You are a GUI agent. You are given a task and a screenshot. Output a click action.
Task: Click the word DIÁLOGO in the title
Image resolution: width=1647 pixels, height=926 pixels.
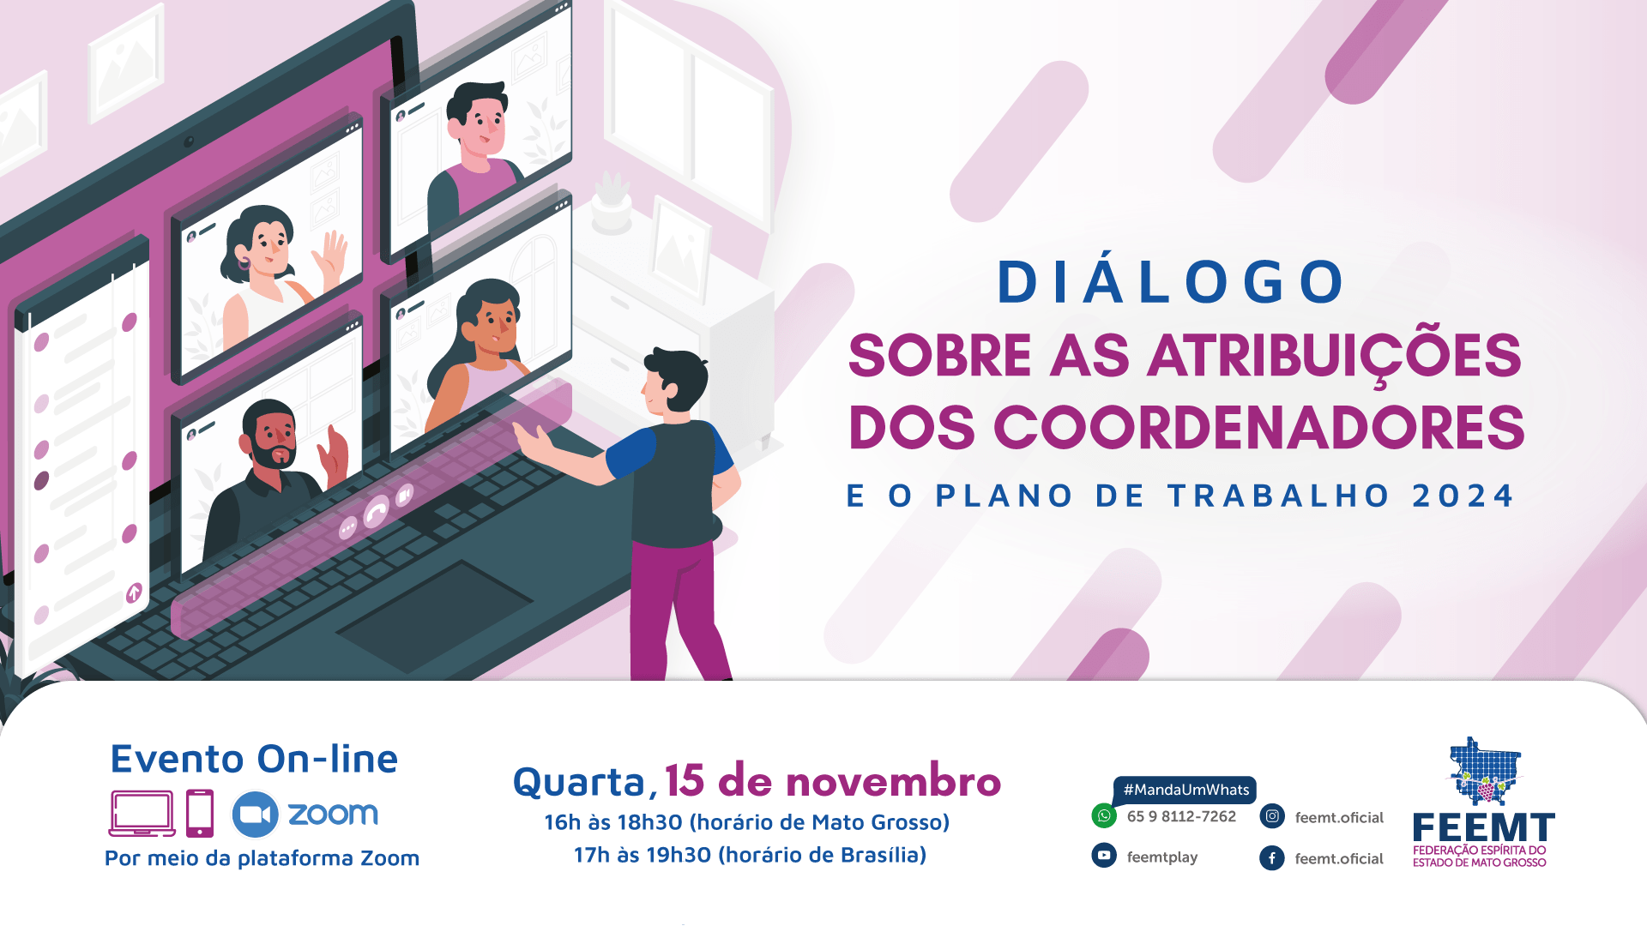point(1171,281)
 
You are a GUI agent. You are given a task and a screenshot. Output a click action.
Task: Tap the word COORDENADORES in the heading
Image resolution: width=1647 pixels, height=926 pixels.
point(1259,427)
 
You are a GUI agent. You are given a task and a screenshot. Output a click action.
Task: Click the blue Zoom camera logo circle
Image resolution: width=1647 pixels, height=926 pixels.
point(255,814)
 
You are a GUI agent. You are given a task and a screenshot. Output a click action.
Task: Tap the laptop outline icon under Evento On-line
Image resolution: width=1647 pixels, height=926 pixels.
point(142,813)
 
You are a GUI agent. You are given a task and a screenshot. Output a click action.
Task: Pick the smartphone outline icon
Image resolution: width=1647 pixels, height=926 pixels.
point(200,813)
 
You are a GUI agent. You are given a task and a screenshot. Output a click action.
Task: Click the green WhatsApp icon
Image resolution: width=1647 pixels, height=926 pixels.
point(1104,815)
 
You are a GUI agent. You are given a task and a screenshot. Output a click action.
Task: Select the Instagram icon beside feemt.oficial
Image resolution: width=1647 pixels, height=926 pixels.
point(1272,816)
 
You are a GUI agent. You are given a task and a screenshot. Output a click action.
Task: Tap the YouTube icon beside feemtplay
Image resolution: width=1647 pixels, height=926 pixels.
point(1104,856)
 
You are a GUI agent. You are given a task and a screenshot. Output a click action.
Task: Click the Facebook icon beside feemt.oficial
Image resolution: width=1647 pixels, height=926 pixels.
point(1272,857)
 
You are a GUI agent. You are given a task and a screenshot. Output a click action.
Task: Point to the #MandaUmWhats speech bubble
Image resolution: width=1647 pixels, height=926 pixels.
point(1185,790)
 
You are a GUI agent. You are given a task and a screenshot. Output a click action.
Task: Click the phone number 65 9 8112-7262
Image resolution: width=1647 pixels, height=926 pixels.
point(1181,816)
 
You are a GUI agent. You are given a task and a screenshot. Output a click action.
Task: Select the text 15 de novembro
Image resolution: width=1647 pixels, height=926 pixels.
point(833,781)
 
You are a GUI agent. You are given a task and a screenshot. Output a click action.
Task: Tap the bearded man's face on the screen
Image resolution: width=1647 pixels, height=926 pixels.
point(273,436)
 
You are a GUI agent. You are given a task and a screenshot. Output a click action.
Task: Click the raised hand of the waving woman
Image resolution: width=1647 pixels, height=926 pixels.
point(329,258)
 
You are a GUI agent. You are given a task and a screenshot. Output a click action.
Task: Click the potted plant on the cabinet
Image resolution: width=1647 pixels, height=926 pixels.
point(612,202)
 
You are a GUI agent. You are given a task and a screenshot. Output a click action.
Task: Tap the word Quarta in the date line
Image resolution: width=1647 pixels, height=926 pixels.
point(579,782)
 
